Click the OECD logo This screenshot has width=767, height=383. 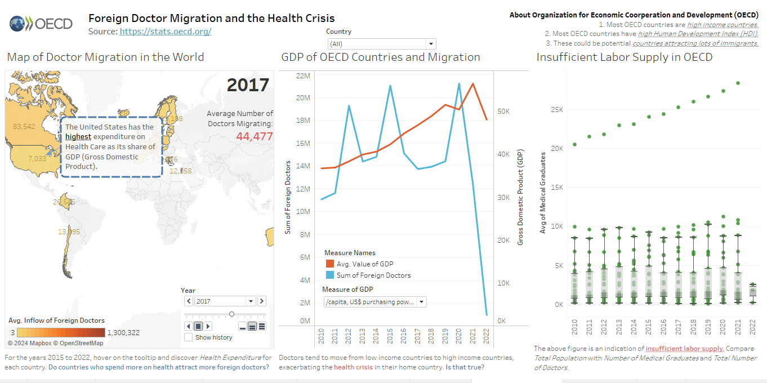click(41, 24)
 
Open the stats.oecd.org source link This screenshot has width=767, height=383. click(165, 32)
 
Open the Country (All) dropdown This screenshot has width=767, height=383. click(381, 44)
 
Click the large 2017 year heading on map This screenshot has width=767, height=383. click(248, 85)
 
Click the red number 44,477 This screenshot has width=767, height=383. click(254, 136)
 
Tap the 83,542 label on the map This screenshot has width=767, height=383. click(24, 126)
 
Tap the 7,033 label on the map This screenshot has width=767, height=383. click(37, 159)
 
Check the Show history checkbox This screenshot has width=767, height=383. click(189, 337)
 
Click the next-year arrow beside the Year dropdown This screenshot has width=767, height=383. click(262, 301)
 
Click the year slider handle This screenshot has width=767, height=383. click(231, 314)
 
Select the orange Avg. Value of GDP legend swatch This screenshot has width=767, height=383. click(330, 264)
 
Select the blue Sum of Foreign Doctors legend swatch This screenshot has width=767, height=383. click(330, 275)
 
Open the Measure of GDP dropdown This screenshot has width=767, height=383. click(374, 302)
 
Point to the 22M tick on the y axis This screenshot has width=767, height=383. click(303, 76)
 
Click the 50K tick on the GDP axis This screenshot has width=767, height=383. click(503, 112)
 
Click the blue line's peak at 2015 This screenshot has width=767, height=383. click(390, 86)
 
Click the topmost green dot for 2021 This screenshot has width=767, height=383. click(738, 83)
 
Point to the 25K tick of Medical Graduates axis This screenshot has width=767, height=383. click(557, 109)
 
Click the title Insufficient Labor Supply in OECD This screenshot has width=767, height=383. click(624, 57)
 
